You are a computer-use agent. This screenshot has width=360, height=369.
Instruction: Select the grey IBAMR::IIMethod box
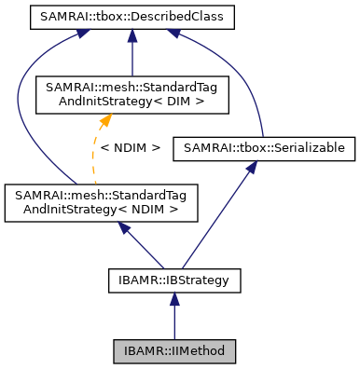(x=173, y=351)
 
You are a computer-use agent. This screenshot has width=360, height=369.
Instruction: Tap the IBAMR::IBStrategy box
(x=173, y=278)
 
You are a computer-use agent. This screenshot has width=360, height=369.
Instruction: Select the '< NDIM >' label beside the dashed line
(x=132, y=147)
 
